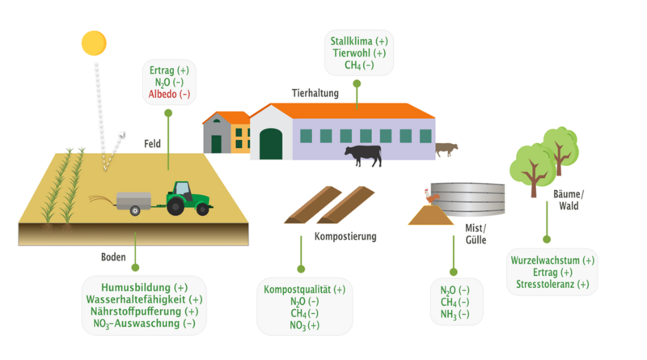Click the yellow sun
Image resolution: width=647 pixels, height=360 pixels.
click(x=94, y=43)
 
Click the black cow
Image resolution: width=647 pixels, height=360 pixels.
click(x=363, y=155)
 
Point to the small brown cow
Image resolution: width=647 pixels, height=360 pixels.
click(x=446, y=149)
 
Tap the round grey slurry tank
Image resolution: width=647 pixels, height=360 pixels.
click(x=474, y=198)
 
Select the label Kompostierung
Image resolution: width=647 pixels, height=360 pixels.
click(x=345, y=237)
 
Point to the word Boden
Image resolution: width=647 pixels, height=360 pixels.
click(x=112, y=257)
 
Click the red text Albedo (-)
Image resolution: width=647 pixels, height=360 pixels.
click(x=169, y=95)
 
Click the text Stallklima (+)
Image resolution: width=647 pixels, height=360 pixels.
click(x=359, y=40)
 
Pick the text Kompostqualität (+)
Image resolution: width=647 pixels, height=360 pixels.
click(x=304, y=289)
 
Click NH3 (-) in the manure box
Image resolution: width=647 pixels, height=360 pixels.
click(x=455, y=314)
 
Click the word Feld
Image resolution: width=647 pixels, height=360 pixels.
click(x=152, y=144)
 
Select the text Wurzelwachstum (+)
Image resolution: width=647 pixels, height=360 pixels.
click(x=552, y=260)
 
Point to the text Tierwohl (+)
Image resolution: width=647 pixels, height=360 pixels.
click(x=359, y=53)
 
